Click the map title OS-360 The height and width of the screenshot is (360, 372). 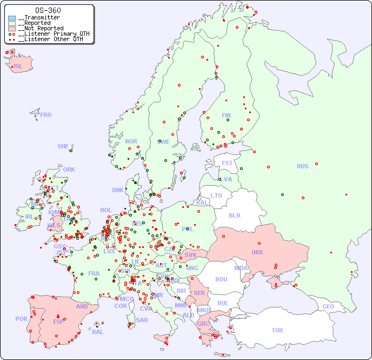48,10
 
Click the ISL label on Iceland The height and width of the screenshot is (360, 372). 18,67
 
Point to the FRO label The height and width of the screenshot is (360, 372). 46,115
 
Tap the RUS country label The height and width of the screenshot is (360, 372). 302,166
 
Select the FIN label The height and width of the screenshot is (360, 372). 226,115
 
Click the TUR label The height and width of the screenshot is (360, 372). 277,330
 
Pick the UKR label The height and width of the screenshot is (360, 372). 257,252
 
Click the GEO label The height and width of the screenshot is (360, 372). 328,306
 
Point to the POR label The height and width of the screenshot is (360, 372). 21,319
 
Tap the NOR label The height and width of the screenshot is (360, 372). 131,141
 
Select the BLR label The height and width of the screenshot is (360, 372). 235,215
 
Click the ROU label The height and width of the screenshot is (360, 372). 221,279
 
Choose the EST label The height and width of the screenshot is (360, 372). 227,163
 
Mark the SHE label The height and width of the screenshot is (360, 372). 63,146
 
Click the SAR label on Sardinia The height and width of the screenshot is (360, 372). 142,320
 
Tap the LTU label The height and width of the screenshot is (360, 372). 216,195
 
